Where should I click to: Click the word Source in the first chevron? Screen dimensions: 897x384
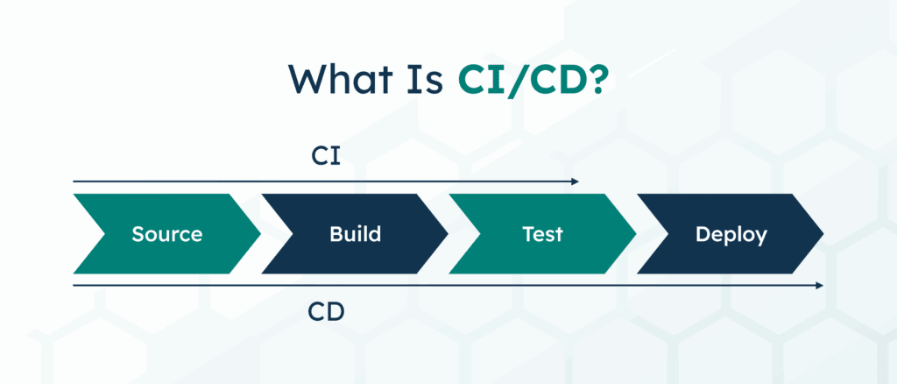pyautogui.click(x=166, y=235)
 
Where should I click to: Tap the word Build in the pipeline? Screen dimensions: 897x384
pyautogui.click(x=356, y=235)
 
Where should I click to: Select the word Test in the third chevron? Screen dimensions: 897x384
pyautogui.click(x=542, y=235)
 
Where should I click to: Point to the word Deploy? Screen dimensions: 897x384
pyautogui.click(x=731, y=235)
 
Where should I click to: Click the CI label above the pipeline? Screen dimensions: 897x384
pyautogui.click(x=326, y=156)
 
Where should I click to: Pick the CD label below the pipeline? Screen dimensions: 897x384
pyautogui.click(x=326, y=311)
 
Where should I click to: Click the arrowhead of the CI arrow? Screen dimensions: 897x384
pyautogui.click(x=576, y=181)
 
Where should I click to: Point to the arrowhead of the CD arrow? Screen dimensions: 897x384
pyautogui.click(x=820, y=286)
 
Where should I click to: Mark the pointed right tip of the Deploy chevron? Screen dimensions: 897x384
pyautogui.click(x=823, y=234)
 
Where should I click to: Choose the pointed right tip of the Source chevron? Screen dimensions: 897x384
pyautogui.click(x=260, y=234)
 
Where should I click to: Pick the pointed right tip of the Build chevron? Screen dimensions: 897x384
pyautogui.click(x=448, y=234)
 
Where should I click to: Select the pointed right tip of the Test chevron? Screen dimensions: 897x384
pyautogui.click(x=635, y=234)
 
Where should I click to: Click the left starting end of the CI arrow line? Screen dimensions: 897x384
pyautogui.click(x=74, y=181)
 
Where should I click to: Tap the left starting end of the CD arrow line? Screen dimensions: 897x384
pyautogui.click(x=74, y=286)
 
